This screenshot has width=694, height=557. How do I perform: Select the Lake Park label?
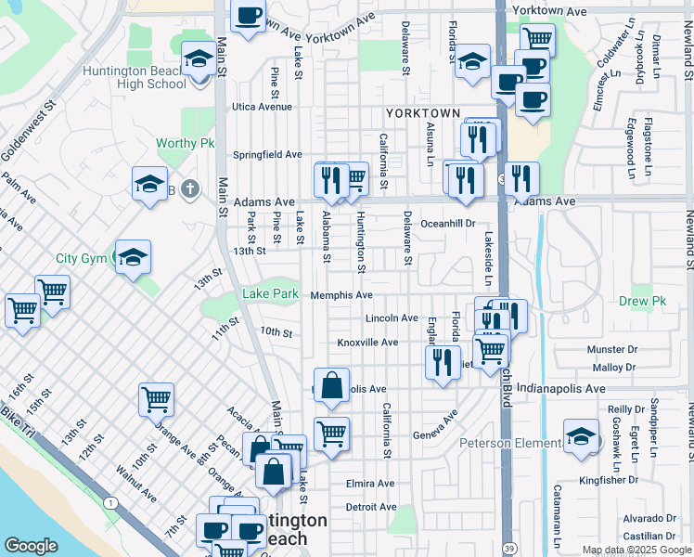(270, 294)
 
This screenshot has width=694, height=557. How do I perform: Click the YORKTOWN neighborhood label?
(423, 113)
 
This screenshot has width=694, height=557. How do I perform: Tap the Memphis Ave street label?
(341, 295)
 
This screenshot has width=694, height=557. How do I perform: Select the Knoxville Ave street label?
(367, 343)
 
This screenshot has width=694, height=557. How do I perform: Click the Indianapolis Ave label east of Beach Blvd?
(567, 388)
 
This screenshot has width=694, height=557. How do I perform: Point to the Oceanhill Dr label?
(447, 224)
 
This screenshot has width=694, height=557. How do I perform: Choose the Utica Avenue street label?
(262, 107)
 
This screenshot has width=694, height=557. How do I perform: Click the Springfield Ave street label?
(267, 154)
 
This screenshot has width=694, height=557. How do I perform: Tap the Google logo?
(31, 546)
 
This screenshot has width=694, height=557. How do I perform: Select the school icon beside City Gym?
(133, 256)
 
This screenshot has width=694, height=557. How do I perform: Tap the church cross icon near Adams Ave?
(188, 190)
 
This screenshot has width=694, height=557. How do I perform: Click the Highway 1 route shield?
(110, 502)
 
